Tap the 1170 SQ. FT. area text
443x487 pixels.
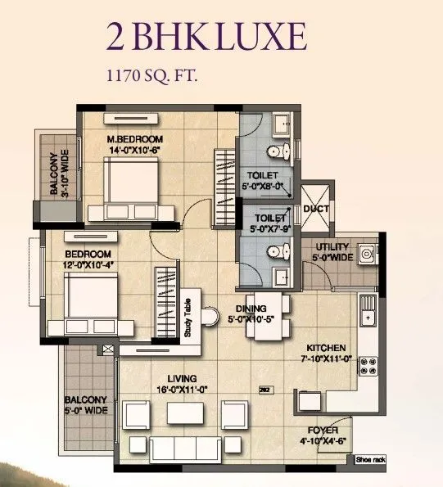pyautogui.click(x=152, y=79)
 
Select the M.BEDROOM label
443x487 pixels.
pyautogui.click(x=136, y=138)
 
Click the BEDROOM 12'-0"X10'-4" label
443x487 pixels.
pyautogui.click(x=88, y=259)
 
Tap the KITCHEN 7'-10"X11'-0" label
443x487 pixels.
pyautogui.click(x=325, y=352)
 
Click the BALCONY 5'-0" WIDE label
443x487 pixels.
pyautogui.click(x=86, y=405)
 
